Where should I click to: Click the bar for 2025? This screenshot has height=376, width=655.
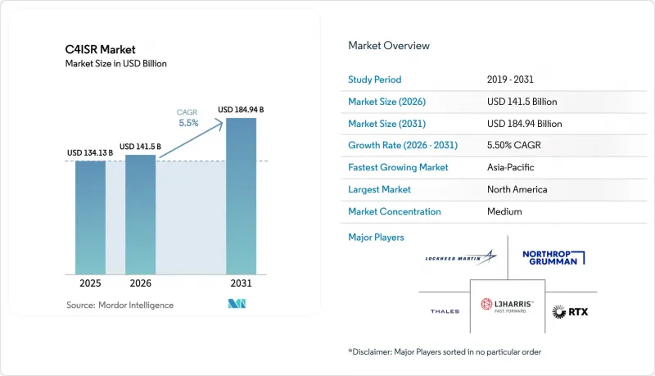90,217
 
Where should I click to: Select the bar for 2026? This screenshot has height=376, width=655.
140,215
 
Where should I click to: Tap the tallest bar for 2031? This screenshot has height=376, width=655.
241,196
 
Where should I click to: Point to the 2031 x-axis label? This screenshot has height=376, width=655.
241,283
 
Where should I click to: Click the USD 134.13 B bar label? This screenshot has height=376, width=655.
90,153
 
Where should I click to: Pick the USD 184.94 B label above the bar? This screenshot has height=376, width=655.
241,110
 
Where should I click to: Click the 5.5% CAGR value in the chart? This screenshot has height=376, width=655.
188,123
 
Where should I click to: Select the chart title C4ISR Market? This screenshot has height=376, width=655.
100,50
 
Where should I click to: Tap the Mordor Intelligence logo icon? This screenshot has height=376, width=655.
237,304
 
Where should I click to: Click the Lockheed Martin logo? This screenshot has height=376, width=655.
461,257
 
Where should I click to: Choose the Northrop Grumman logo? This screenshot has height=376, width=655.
553,258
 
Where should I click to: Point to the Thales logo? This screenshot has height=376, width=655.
445,311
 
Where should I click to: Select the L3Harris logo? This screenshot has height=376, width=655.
507,305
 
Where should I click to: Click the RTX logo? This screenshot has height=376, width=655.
570,311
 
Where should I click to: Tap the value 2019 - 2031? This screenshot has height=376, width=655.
510,79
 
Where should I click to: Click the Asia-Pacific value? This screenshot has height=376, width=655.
510,168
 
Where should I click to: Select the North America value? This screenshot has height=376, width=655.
517,190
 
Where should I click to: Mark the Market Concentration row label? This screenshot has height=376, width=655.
395,212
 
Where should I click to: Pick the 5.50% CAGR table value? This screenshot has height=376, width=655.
514,145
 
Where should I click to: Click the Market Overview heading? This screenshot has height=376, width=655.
389,46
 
